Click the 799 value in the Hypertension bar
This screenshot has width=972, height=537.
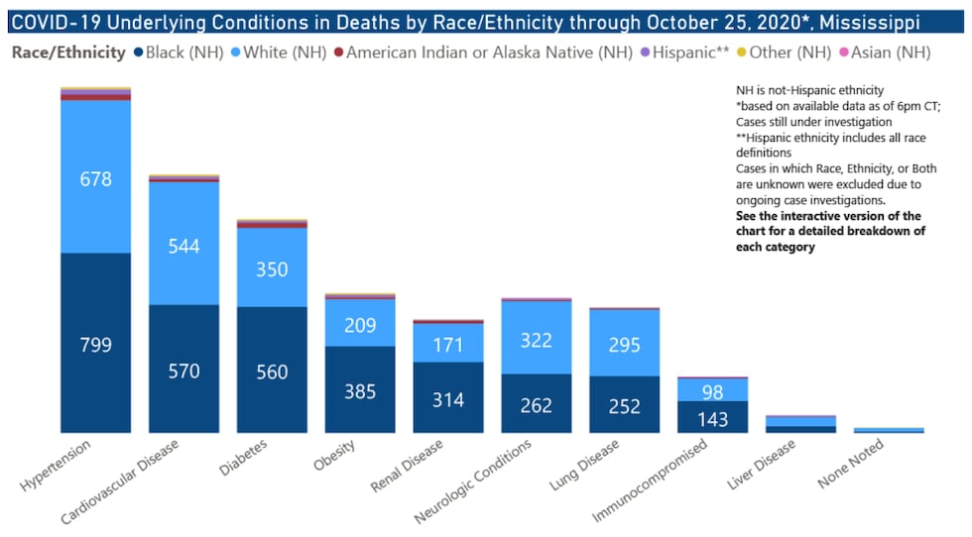click(95, 345)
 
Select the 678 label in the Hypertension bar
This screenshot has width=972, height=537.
click(95, 179)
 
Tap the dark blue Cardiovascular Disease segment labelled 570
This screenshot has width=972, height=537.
click(183, 371)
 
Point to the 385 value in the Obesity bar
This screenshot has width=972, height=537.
click(359, 391)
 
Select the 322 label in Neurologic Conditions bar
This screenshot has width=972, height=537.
click(536, 340)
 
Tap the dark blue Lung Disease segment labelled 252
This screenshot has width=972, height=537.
click(624, 406)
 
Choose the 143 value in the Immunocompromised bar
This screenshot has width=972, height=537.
click(712, 419)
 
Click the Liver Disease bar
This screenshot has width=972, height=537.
click(800, 424)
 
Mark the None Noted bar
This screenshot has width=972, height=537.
click(889, 430)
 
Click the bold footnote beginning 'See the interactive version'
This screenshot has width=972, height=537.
click(830, 231)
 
